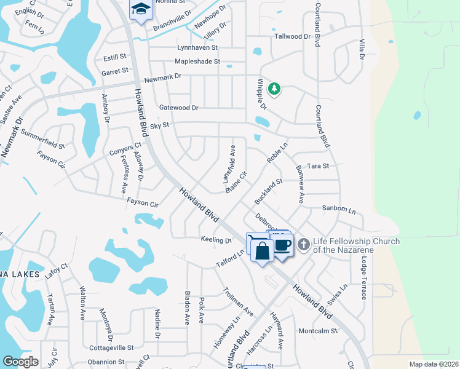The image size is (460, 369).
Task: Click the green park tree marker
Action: (x=274, y=89)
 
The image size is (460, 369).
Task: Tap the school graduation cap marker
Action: (x=141, y=9)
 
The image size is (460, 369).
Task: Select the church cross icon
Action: (x=303, y=245)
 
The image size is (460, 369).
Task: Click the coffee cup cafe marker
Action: (x=282, y=245)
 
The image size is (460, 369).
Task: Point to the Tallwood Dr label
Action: (x=292, y=36)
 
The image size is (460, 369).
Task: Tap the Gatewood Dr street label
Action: (x=178, y=108)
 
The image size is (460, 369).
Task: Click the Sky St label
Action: (x=159, y=125)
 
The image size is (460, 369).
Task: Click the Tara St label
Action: (x=318, y=166)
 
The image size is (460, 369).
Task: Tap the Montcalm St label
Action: (x=318, y=331)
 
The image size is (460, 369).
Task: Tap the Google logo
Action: (x=20, y=362)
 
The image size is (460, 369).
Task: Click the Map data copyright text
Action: (x=434, y=364)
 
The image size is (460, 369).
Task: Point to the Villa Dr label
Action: (x=362, y=49)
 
